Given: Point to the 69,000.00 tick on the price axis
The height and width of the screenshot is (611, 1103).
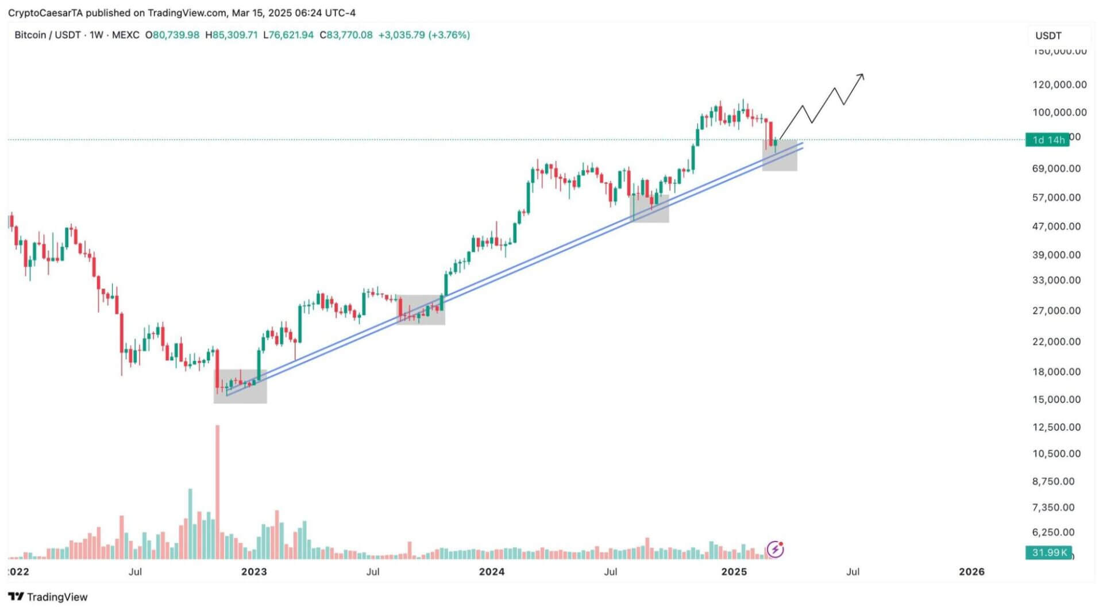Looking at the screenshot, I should point(1056,168).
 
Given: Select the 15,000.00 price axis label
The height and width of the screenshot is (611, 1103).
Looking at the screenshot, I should point(1056,399).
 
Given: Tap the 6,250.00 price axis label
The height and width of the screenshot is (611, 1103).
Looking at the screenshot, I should point(1052,532).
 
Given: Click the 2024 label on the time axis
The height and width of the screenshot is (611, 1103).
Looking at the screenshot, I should point(492,571).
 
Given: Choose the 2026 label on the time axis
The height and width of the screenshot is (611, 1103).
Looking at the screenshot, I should point(971,571).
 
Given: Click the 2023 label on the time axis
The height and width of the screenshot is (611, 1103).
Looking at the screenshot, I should point(254,571).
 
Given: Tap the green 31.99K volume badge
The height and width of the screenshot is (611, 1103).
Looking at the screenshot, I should point(1048,553).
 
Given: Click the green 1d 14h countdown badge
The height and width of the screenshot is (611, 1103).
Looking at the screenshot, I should point(1047,140).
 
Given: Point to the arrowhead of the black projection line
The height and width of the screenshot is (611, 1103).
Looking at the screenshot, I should point(862,76).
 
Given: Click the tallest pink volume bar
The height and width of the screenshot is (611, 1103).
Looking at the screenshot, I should point(217,491).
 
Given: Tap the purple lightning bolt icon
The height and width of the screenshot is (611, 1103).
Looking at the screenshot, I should point(775,549).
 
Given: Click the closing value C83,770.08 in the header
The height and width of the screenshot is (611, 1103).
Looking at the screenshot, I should point(346,35).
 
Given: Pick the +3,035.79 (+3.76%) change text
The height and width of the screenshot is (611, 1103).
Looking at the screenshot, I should point(424,35).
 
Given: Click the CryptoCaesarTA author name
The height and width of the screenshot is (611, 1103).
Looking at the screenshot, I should point(45,13).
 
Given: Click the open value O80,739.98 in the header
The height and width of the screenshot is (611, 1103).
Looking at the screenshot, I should point(172,35).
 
